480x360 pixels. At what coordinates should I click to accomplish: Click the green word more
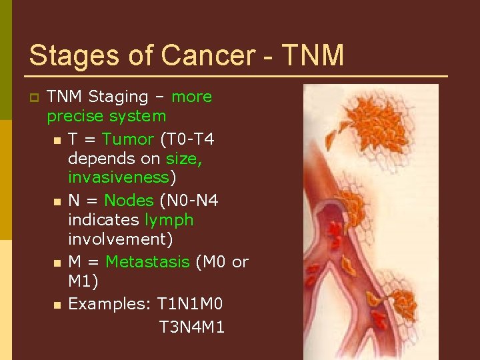(x=191, y=97)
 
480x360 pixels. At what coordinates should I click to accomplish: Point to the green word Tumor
(x=128, y=139)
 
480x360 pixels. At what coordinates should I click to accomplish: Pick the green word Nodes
(x=129, y=201)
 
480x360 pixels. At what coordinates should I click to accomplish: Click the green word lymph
(x=169, y=220)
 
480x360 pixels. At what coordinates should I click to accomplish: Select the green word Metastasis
(x=147, y=262)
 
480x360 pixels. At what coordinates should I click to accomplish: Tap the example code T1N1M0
(x=190, y=304)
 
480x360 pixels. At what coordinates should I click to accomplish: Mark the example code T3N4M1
(x=192, y=327)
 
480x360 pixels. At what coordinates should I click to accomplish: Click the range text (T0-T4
(x=187, y=139)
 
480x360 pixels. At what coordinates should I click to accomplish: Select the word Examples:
(x=110, y=304)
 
